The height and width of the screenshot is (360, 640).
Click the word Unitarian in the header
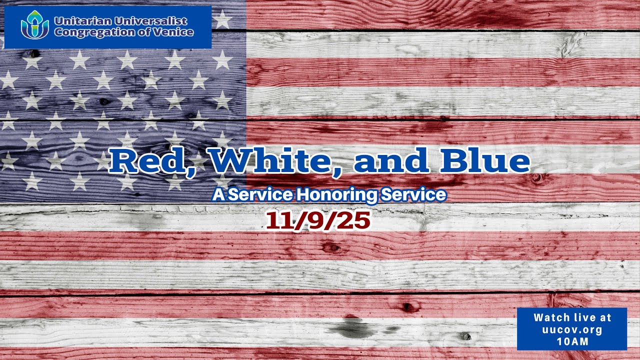click(x=81, y=21)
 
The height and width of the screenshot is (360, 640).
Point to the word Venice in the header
click(x=175, y=32)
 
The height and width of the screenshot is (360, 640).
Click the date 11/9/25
click(x=318, y=220)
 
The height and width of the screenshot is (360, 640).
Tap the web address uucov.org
click(x=572, y=330)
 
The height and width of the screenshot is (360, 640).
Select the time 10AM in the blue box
click(x=572, y=342)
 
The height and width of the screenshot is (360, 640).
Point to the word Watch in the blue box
click(x=551, y=317)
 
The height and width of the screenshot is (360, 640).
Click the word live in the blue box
click(x=584, y=317)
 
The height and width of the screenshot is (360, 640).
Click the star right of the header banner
click(x=222, y=20)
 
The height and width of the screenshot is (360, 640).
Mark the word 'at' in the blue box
click(x=606, y=317)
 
